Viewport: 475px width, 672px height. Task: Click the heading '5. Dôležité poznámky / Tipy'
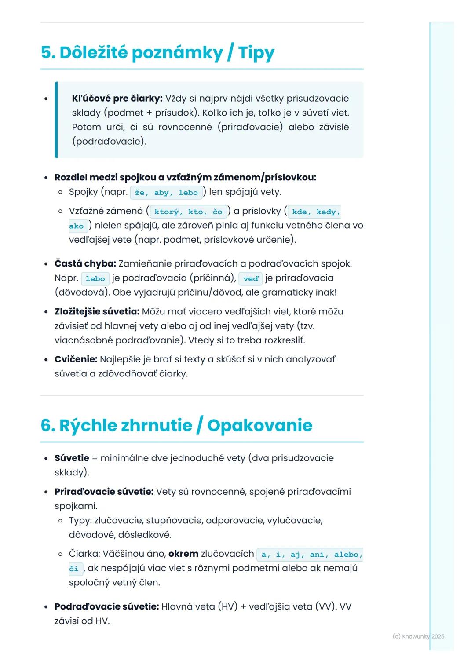157,53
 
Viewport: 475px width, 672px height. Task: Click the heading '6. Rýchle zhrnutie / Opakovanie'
176,425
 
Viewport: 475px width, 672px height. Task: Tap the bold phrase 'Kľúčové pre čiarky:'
117,99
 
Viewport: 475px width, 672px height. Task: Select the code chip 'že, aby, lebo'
166,193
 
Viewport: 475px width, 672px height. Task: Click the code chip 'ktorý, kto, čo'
188,212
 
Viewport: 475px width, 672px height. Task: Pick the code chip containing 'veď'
251,279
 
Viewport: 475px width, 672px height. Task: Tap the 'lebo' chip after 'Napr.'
95,279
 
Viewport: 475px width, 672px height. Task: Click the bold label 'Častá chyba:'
85,263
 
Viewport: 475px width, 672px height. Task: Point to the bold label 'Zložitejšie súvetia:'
97,311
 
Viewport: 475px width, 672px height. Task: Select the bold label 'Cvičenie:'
76,359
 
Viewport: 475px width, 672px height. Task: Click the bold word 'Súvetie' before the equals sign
72,458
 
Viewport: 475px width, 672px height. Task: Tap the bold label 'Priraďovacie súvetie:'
104,492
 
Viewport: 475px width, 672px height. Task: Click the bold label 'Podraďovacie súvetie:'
106,606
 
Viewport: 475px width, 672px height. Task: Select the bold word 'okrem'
183,554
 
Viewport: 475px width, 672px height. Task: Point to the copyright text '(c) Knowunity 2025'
418,636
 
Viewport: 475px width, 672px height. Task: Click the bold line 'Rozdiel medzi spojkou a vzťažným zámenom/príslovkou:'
185,177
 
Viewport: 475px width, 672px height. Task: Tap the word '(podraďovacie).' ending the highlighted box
109,142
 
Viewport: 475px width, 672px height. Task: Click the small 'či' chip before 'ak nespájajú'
73,569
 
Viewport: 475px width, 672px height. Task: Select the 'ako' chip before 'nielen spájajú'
76,226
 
